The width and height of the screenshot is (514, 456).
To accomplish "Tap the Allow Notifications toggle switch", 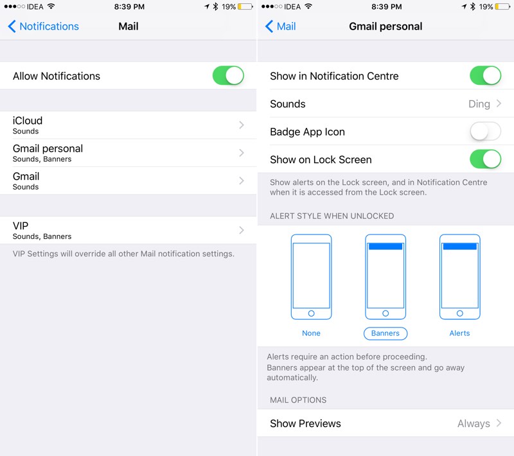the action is pos(228,76).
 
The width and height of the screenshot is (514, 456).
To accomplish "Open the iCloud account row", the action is pos(128,125).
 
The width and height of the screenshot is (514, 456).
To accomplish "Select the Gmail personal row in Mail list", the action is pos(128,153).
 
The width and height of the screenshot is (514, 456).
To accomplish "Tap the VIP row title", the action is pos(21,225).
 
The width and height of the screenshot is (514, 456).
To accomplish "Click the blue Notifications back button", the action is pos(43,26).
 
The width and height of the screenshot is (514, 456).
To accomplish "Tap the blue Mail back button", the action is pos(281,26).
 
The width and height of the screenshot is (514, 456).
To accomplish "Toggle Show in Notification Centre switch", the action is pos(486,76).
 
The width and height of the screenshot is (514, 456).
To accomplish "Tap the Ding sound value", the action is pos(479,104).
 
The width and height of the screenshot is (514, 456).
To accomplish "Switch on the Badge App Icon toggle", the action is pos(486,132).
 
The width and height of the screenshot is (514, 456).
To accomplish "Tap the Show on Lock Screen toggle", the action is pos(486,159).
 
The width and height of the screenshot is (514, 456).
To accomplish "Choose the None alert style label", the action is pos(311,333).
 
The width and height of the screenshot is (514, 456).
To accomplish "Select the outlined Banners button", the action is pos(385,333).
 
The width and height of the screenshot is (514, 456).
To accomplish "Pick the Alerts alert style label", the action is pos(459,333).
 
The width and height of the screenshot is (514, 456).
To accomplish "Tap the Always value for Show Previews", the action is pos(474,424).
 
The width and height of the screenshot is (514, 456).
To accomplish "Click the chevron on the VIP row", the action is pos(242,231).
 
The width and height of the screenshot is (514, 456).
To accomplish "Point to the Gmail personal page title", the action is pos(385,26).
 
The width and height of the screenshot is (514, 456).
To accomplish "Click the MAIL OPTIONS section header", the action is pos(298,400).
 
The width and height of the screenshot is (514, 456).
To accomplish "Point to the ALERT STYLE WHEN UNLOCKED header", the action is pos(332,216).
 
